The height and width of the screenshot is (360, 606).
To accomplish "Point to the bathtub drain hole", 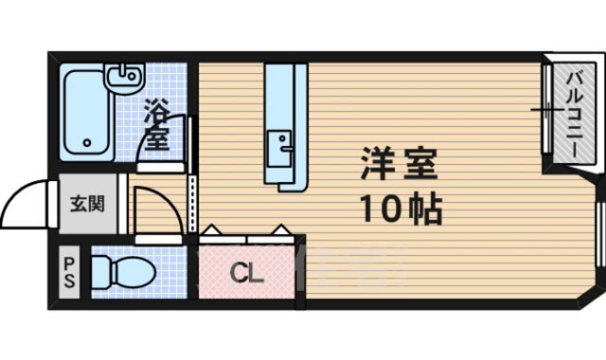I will point(87,145).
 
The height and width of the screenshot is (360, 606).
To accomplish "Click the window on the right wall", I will point(599,232).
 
